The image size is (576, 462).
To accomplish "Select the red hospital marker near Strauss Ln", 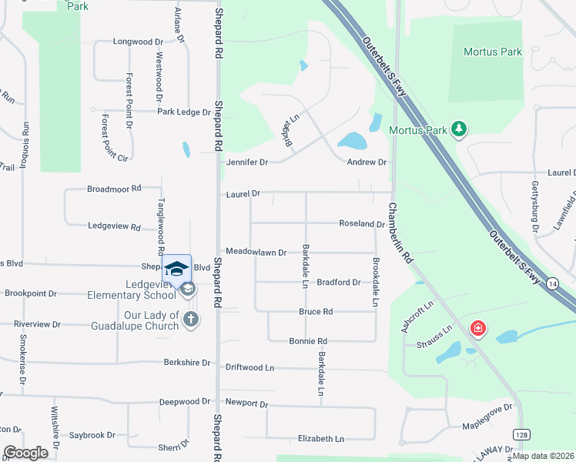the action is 478,329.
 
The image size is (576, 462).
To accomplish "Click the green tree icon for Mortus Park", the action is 459,129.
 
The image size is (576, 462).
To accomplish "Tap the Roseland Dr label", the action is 362,224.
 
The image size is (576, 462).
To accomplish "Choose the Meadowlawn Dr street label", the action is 256,252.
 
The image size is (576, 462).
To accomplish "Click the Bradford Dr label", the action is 338,283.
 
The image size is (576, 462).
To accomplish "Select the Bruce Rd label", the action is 316,312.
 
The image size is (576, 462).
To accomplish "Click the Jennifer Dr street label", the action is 246,162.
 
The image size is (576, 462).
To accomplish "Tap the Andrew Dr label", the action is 366,162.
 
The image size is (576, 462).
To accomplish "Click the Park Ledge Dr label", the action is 183,112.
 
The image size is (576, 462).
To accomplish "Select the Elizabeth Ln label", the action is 320,439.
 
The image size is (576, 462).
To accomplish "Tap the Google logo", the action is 26,452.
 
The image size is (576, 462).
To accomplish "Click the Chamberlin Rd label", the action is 400,233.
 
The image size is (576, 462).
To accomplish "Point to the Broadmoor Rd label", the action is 114,188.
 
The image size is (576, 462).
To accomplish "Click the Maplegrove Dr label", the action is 487,427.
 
